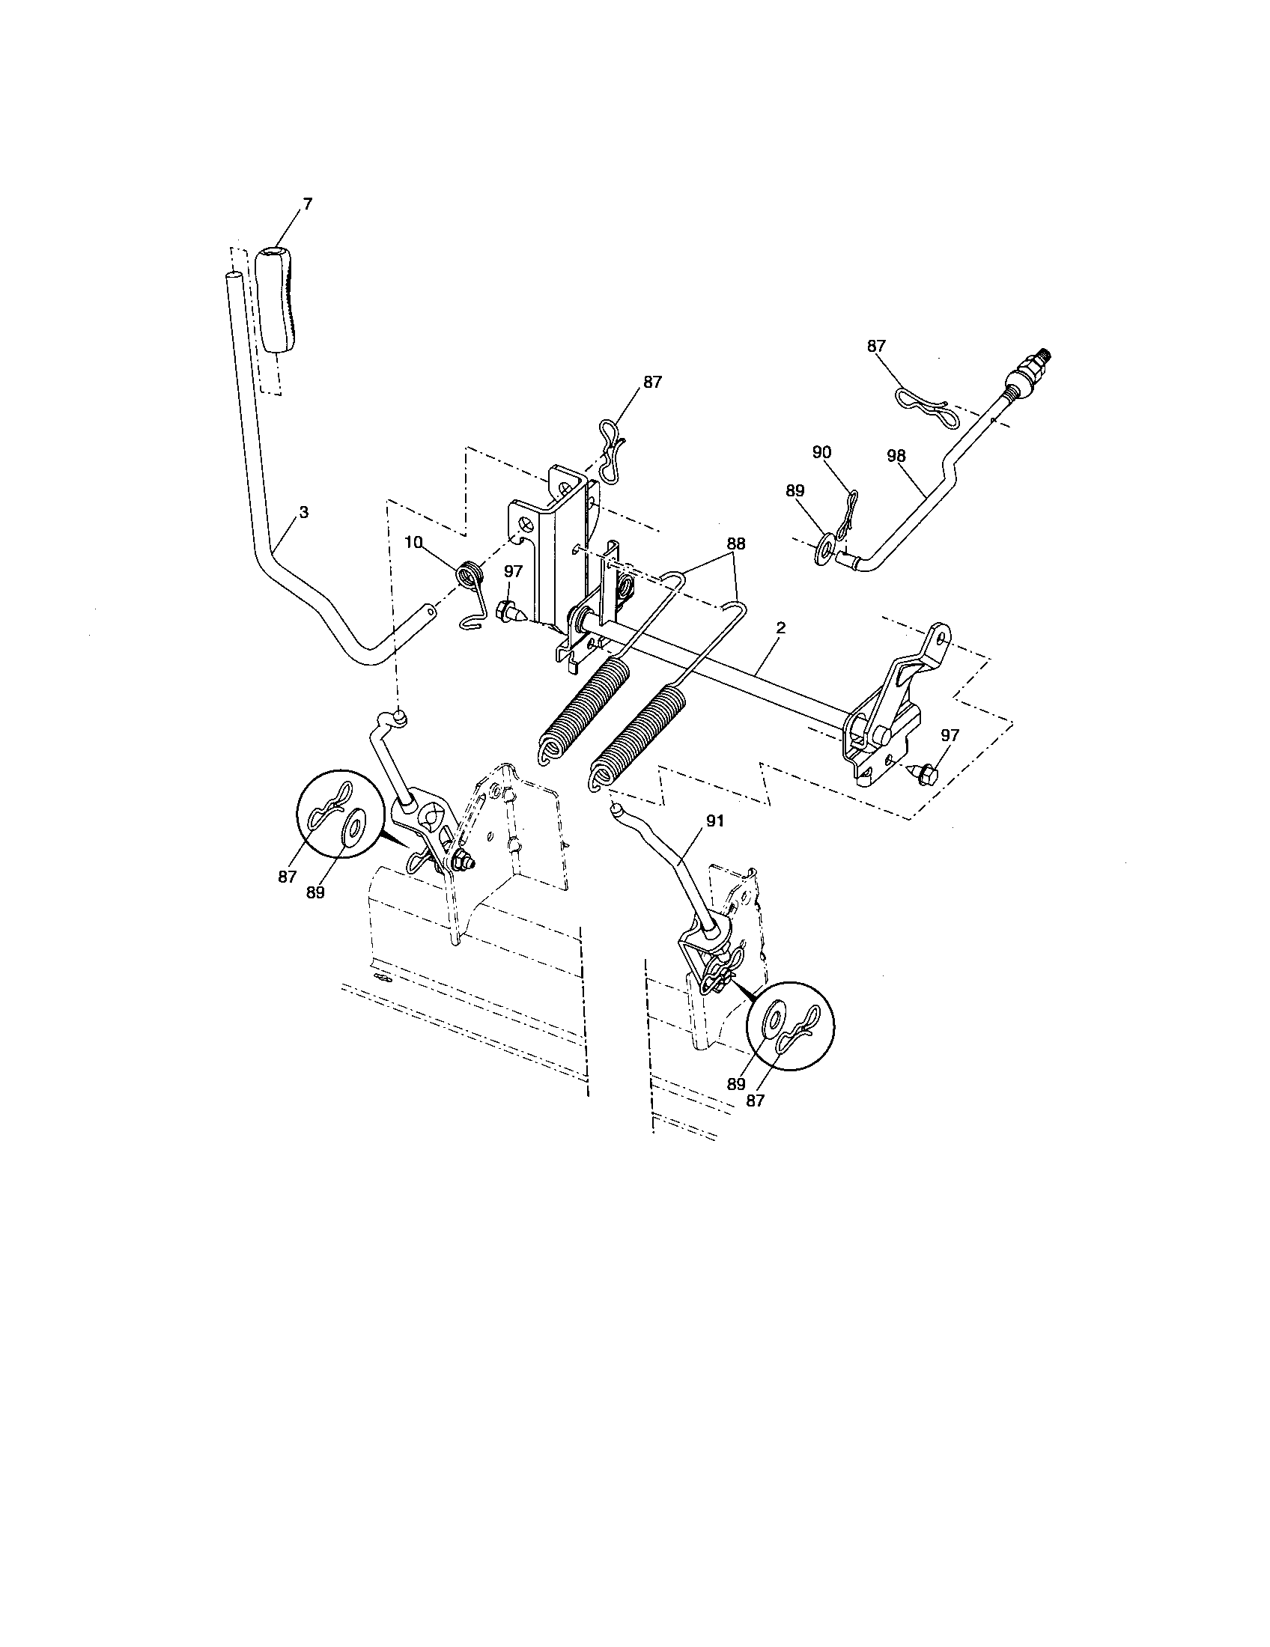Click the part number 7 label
pos(307,204)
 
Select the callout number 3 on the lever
pos(303,512)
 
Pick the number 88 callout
pos(736,543)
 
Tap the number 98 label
pos(896,455)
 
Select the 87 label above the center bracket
pos(652,383)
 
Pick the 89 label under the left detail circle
pos(315,892)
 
